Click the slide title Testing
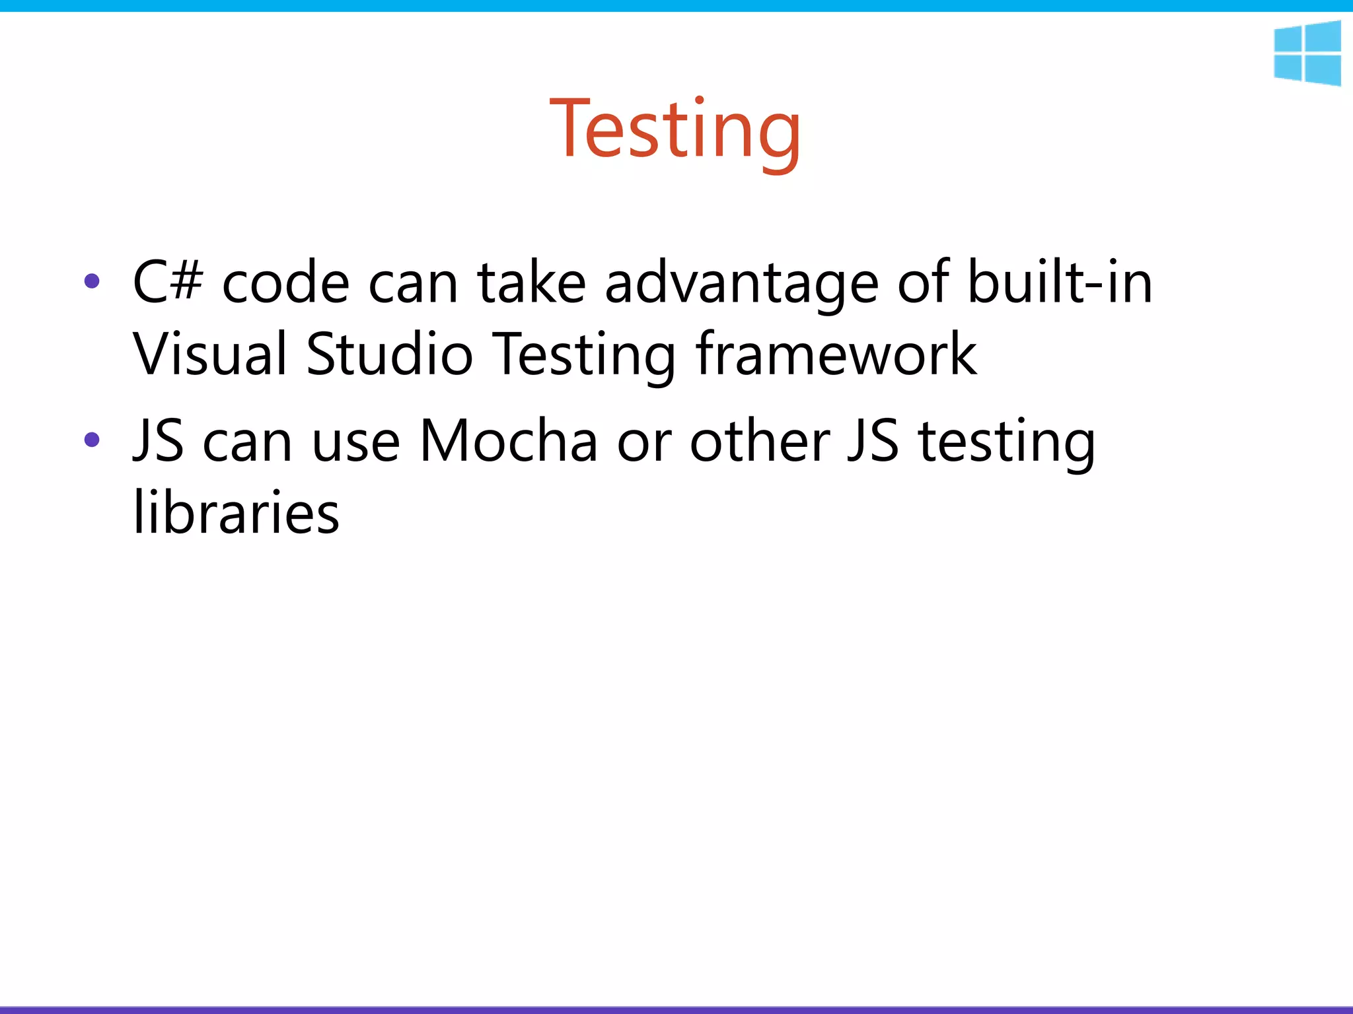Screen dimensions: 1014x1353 pyautogui.click(x=675, y=129)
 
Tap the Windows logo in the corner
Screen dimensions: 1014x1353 pyautogui.click(x=1307, y=53)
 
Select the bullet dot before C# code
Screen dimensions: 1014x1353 pyautogui.click(x=92, y=282)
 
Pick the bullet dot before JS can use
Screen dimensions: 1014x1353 pyautogui.click(x=92, y=440)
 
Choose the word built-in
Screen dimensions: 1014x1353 pyautogui.click(x=1060, y=283)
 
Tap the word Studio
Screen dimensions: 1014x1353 pyautogui.click(x=390, y=354)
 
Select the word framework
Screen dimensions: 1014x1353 pyautogui.click(x=836, y=354)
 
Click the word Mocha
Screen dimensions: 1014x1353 pyautogui.click(x=509, y=441)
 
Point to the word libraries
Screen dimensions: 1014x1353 pyautogui.click(x=237, y=512)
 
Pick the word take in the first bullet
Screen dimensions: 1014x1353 pyautogui.click(x=532, y=283)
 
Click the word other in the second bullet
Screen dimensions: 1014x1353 pyautogui.click(x=760, y=441)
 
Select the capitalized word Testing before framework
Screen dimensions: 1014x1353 pyautogui.click(x=584, y=355)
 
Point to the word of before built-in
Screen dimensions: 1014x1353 pyautogui.click(x=923, y=283)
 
